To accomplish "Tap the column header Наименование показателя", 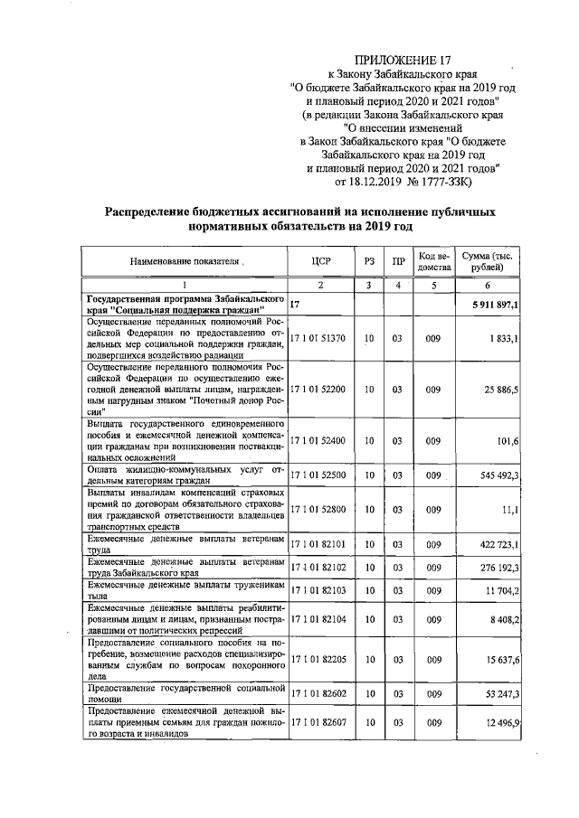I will tap(185, 262).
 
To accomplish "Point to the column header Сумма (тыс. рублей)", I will tap(487, 262).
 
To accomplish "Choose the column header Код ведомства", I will tap(433, 262).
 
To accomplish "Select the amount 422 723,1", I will tap(496, 545).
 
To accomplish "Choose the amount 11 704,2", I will tap(499, 590).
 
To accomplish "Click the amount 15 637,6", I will tap(499, 662).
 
